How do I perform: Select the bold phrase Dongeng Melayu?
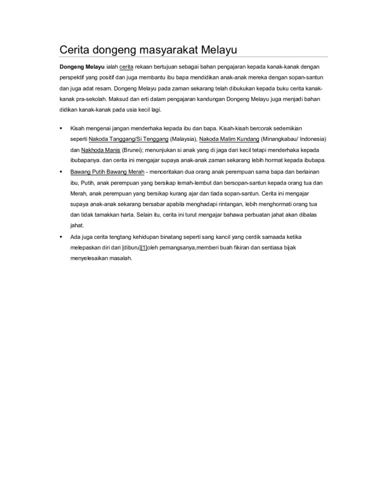[82, 66]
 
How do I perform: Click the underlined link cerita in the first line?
[126, 66]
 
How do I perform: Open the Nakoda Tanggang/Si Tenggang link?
[128, 139]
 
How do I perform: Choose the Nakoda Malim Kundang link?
[229, 139]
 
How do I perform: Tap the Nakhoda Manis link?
[98, 150]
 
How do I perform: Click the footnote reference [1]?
[147, 247]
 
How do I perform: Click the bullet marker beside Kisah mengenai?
[60, 128]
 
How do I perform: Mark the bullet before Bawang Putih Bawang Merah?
[60, 172]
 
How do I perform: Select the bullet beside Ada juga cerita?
[60, 236]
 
